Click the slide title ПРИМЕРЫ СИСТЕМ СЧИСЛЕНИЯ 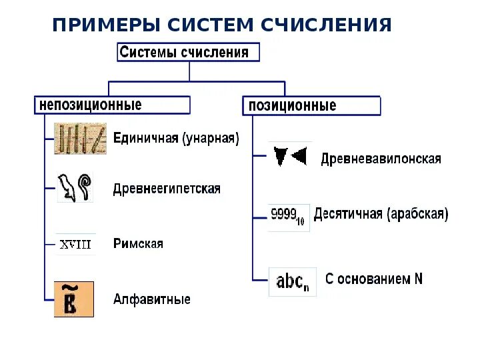pyautogui.click(x=221, y=25)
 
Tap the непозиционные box pyautogui.click(x=112, y=105)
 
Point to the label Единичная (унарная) pyautogui.click(x=176, y=139)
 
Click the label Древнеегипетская pyautogui.click(x=166, y=189)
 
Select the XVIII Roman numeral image pyautogui.click(x=75, y=244)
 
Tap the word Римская pyautogui.click(x=138, y=244)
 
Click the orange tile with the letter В pyautogui.click(x=73, y=299)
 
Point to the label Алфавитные pyautogui.click(x=151, y=299)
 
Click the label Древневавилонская pyautogui.click(x=381, y=159)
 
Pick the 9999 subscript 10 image pyautogui.click(x=288, y=217)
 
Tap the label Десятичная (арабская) pyautogui.click(x=381, y=215)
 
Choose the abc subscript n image pyautogui.click(x=292, y=282)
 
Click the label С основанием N pyautogui.click(x=373, y=279)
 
